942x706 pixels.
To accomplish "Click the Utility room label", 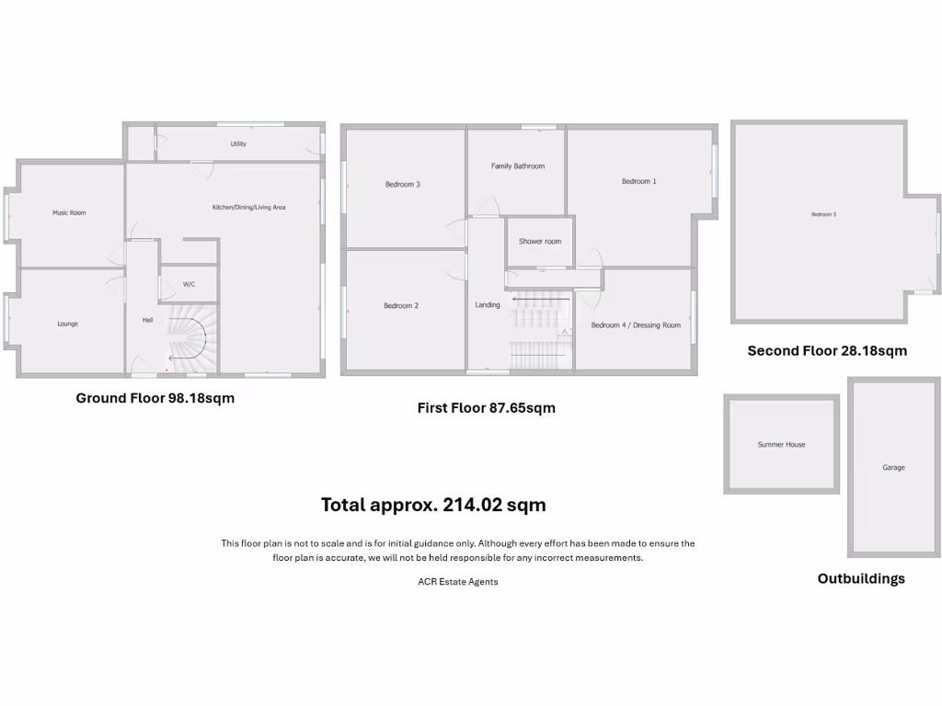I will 238,144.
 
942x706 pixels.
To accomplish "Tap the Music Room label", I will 69,212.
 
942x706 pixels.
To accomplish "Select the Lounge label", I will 67,324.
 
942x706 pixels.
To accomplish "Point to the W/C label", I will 189,284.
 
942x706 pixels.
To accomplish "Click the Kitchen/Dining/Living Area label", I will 248,208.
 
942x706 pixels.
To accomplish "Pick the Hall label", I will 147,320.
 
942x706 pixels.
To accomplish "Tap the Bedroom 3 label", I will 402,184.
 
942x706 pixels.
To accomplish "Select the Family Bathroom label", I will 517,166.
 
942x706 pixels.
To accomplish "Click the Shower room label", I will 539,242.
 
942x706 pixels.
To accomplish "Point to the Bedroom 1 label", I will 638,181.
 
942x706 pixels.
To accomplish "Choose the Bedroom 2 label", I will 401,305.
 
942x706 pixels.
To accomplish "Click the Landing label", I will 488,305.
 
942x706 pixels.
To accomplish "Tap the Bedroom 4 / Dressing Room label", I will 636,325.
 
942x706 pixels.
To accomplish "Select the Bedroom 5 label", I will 823,214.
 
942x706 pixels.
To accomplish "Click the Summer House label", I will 781,445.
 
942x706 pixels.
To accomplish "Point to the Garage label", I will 893,468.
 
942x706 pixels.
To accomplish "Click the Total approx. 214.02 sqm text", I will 433,505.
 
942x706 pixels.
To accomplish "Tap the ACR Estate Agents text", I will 457,582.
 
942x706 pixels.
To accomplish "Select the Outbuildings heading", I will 861,579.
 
